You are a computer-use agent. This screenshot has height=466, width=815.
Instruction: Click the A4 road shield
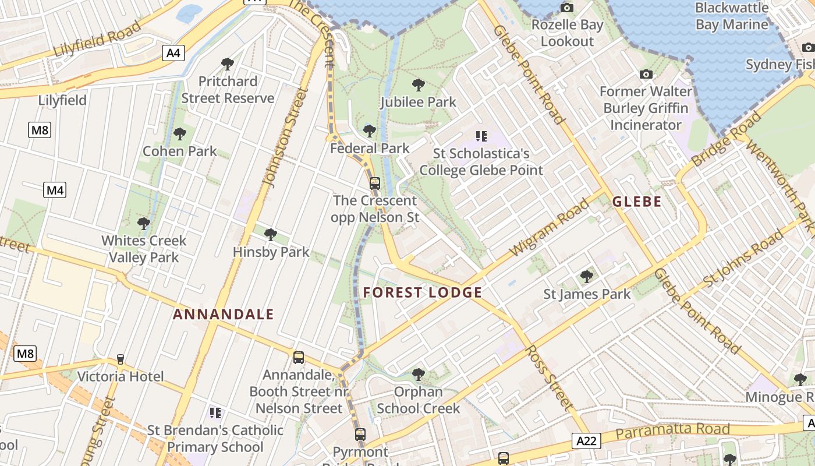tap(173, 54)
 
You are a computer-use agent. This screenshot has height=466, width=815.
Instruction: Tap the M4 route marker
tap(55, 189)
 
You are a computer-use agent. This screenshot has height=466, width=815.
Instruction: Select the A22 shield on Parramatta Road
tap(586, 441)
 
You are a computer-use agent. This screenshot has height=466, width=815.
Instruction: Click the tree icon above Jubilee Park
tap(418, 85)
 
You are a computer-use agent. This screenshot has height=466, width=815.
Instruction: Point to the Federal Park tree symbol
tap(369, 131)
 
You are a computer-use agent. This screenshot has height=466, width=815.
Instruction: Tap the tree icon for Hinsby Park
tap(270, 235)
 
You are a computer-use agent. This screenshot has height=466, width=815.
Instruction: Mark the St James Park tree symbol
tap(587, 277)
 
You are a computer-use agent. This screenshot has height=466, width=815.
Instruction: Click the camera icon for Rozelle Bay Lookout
tap(566, 8)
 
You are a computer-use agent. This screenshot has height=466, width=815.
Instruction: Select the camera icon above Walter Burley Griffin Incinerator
tap(646, 74)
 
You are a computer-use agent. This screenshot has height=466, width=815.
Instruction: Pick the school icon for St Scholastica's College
tap(481, 136)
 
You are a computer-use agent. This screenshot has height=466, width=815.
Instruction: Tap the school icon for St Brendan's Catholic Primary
tap(215, 413)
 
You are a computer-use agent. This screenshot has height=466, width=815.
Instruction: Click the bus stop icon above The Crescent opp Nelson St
tap(374, 183)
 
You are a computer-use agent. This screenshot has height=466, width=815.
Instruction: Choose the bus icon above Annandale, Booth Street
tap(299, 358)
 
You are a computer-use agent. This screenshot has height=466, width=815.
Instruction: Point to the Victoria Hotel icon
tap(121, 359)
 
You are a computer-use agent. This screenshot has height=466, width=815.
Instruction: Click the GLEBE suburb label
tap(637, 202)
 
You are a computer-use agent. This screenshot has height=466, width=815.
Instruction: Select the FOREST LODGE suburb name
tap(423, 292)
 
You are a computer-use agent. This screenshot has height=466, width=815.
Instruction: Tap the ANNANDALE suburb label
tap(224, 315)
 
